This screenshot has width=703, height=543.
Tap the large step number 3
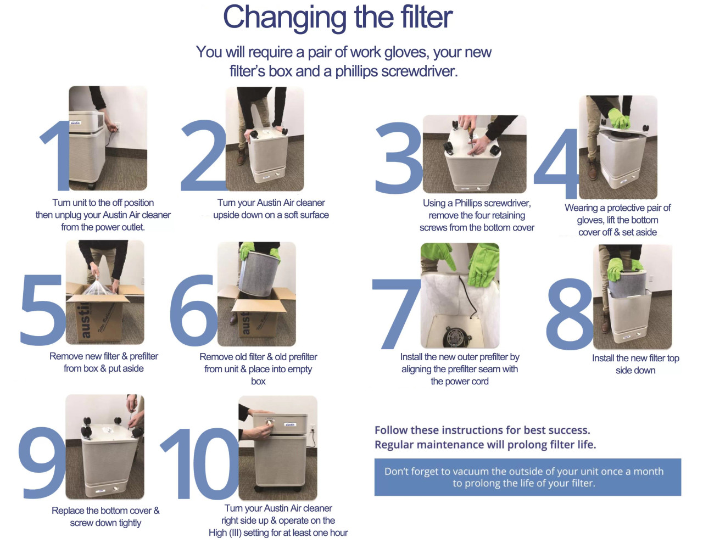pyautogui.click(x=398, y=159)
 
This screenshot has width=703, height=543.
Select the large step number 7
pyautogui.click(x=397, y=313)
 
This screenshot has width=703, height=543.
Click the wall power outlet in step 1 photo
pyautogui.click(x=116, y=127)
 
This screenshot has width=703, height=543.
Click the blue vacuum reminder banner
pyautogui.click(x=527, y=477)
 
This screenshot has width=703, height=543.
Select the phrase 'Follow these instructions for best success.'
pyautogui.click(x=482, y=430)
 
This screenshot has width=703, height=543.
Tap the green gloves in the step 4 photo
pyautogui.click(x=620, y=118)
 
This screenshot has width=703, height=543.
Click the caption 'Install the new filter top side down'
pyautogui.click(x=635, y=364)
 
